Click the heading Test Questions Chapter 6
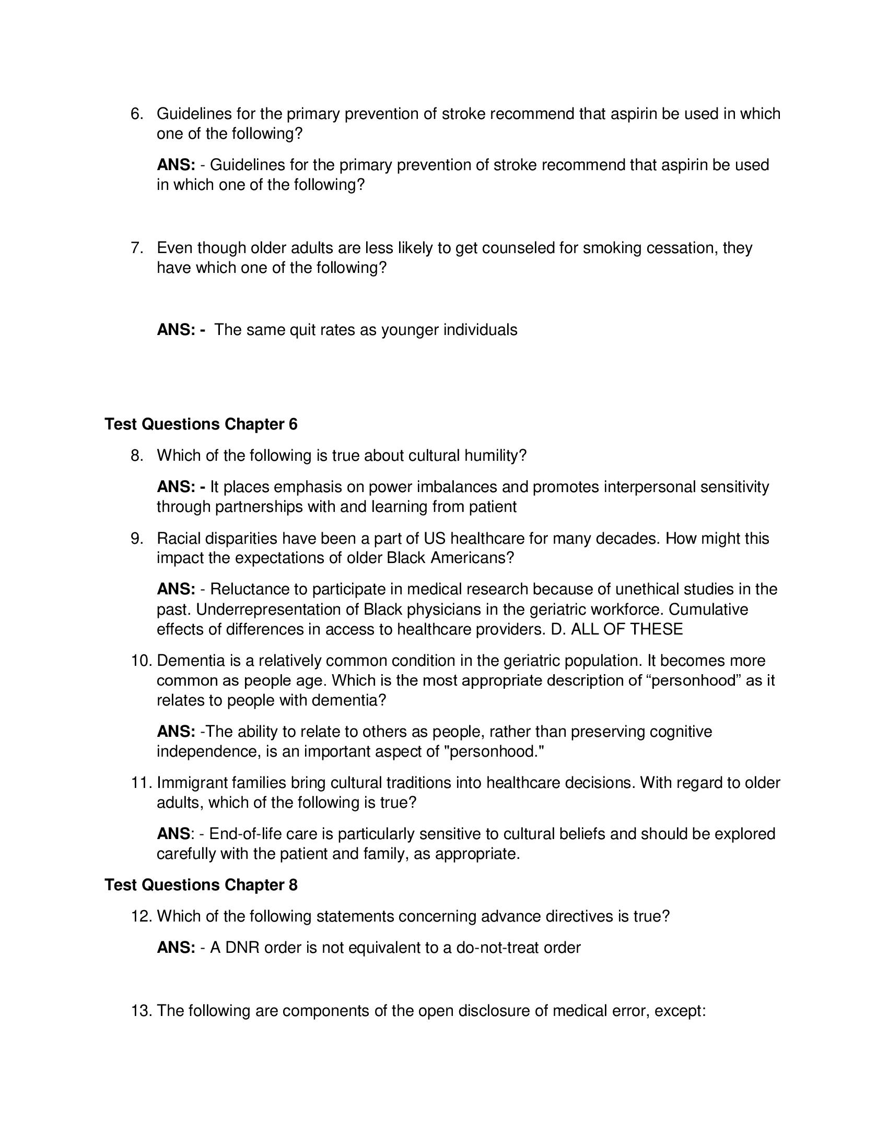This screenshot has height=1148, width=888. [x=201, y=424]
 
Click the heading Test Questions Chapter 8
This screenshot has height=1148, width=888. [x=201, y=884]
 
